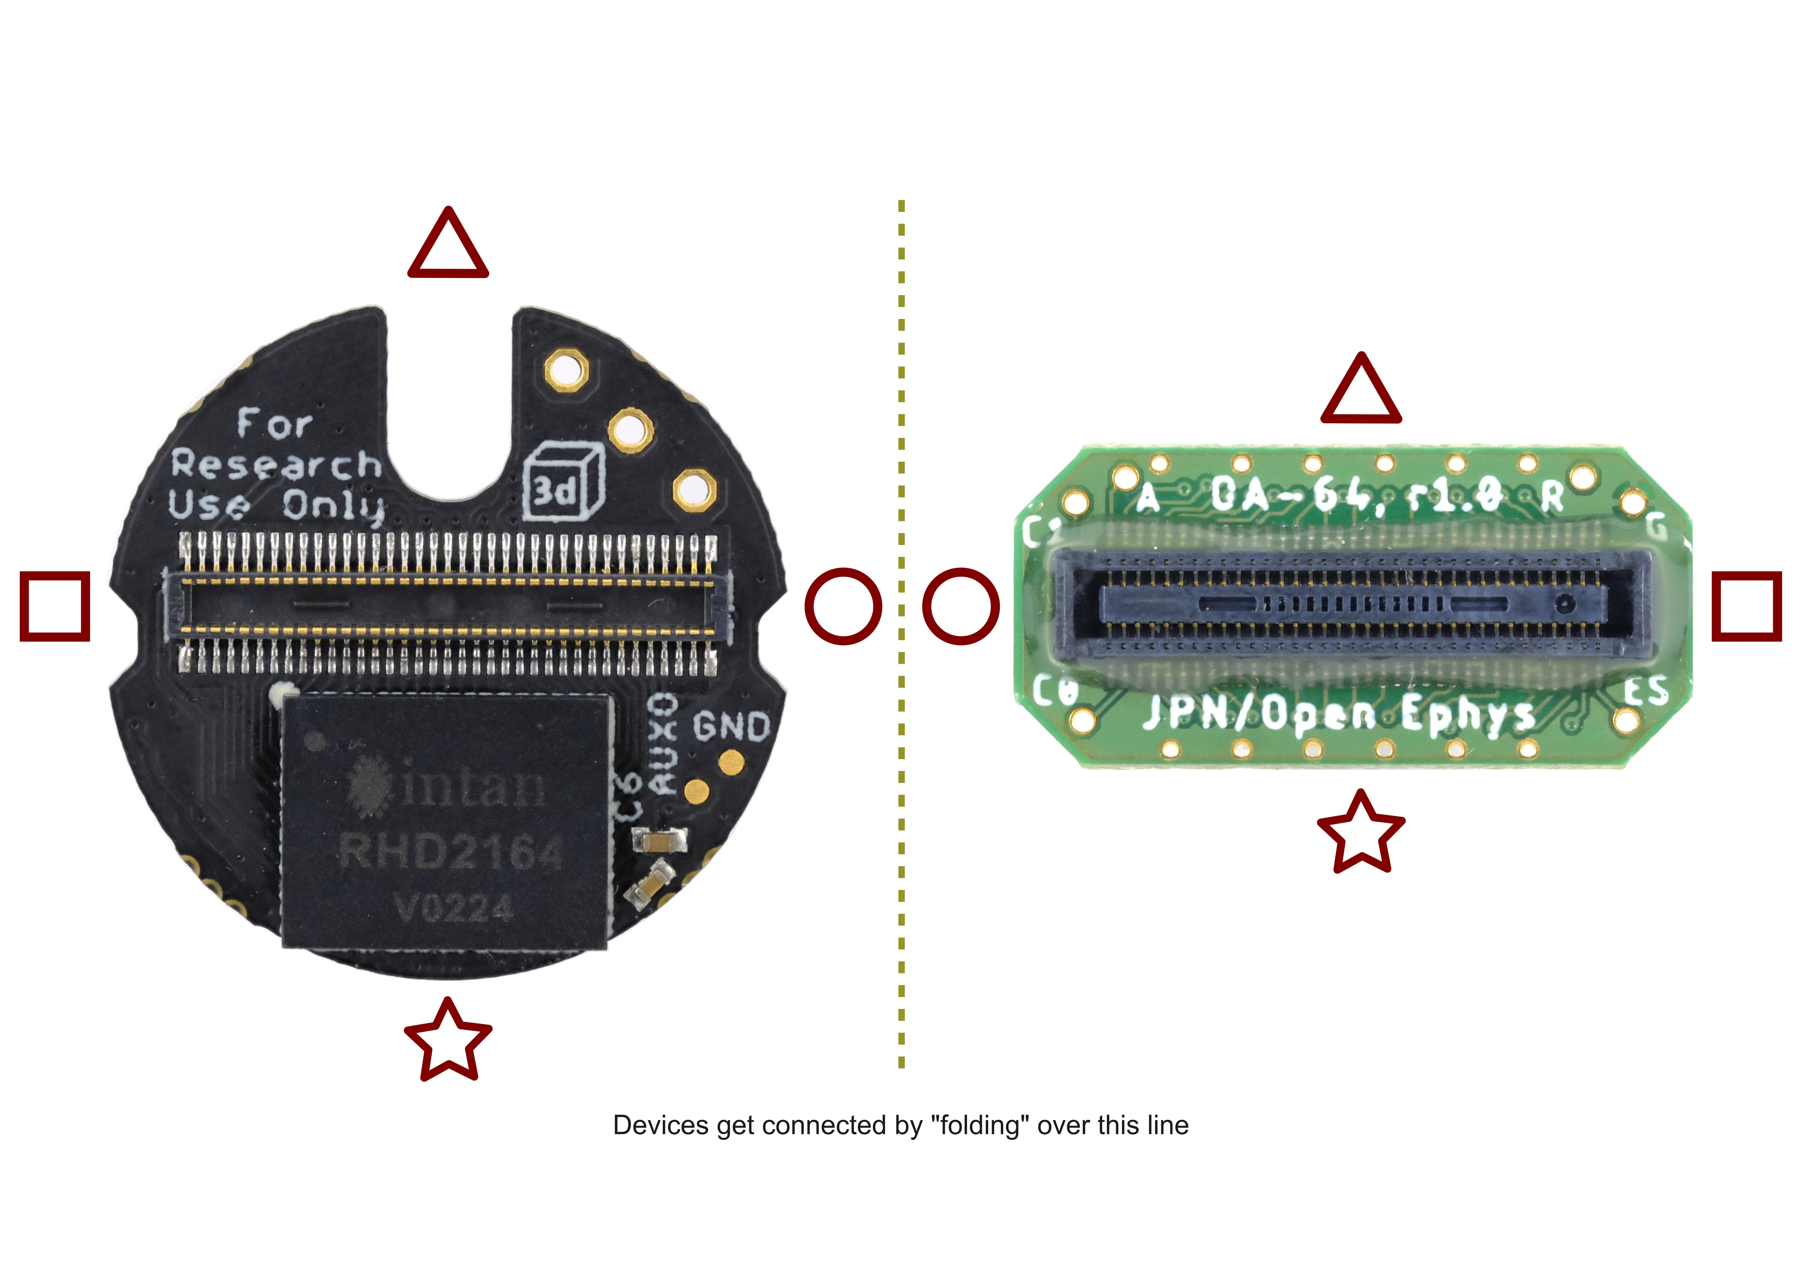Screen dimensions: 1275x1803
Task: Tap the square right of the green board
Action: (x=1746, y=606)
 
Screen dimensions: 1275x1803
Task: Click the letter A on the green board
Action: (x=1148, y=497)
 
